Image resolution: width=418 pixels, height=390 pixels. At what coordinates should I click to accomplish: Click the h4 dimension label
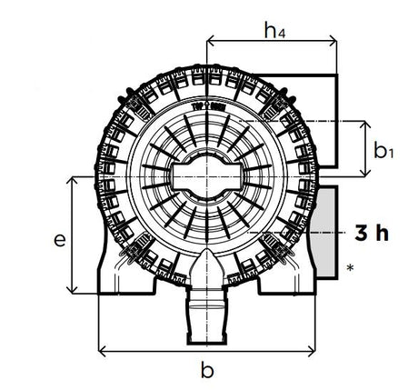click(274, 30)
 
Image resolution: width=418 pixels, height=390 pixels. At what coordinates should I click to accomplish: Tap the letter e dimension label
click(60, 240)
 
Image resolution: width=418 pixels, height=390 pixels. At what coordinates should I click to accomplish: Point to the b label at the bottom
click(207, 369)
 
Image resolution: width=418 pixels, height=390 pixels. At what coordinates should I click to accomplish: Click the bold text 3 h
click(372, 233)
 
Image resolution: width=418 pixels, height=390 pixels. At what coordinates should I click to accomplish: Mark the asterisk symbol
click(350, 268)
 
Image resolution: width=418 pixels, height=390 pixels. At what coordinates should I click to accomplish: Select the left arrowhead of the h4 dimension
click(210, 40)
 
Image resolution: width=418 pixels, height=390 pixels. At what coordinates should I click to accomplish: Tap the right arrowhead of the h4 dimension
click(333, 40)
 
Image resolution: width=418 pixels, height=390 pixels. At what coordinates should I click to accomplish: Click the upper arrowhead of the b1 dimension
click(366, 125)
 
